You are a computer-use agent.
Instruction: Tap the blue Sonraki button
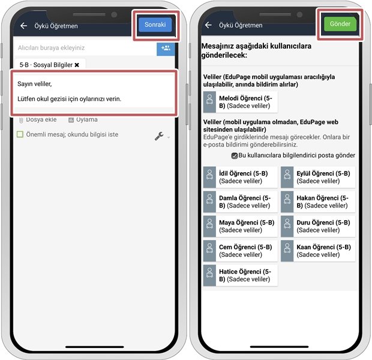pos(155,25)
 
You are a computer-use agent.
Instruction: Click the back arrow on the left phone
pos(24,26)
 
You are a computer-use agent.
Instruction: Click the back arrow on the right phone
pos(208,25)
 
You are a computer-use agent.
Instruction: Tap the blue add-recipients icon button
pos(166,48)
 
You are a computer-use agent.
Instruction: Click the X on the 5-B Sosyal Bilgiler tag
pos(77,65)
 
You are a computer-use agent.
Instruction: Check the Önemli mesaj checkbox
pos(20,134)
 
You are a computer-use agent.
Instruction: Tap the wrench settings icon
pos(159,136)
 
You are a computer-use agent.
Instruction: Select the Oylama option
pos(83,119)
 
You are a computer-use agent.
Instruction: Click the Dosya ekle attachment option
pos(38,119)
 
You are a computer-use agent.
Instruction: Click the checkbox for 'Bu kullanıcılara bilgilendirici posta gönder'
pos(235,155)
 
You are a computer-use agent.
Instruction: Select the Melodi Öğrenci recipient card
pos(241,102)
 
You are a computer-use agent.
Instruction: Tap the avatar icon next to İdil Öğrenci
pos(210,177)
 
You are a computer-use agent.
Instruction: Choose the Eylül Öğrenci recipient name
pos(323,173)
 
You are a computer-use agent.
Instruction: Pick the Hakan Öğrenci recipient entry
pos(318,202)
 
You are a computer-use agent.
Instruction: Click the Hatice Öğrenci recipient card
pos(241,275)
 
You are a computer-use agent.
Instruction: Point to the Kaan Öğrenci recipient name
pos(323,247)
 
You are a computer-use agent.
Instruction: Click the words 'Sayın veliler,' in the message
pos(35,84)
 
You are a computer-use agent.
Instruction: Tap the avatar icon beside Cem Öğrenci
pos(210,251)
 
